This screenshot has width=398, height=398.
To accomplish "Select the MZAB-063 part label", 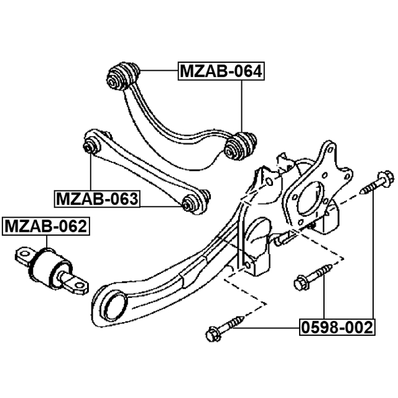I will [96, 200].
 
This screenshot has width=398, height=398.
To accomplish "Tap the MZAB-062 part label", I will [45, 227].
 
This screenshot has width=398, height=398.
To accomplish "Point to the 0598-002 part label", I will [338, 326].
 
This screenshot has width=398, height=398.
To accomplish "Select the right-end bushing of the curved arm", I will [240, 146].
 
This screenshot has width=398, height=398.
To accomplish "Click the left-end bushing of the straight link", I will [91, 146].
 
